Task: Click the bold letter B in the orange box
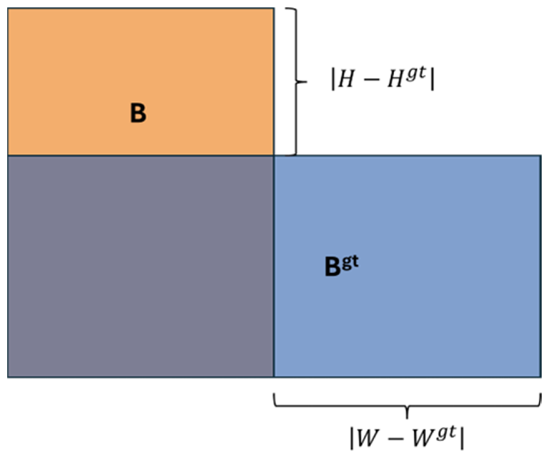coord(138,113)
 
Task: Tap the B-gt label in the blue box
coord(341,266)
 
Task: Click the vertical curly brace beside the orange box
coord(295,81)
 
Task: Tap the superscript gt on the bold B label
coord(350,262)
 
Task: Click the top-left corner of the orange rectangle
coord(8,9)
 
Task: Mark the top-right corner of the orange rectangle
coord(274,9)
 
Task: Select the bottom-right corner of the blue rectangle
coord(541,377)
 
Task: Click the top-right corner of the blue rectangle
coord(541,155)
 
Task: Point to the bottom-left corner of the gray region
coord(8,377)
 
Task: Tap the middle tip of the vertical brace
coord(306,82)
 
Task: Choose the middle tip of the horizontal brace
coord(407,417)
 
